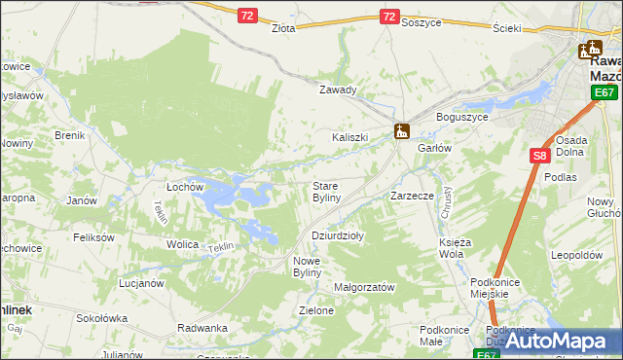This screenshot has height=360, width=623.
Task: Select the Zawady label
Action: pyautogui.click(x=339, y=90)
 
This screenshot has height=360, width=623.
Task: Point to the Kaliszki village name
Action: pyautogui.click(x=350, y=137)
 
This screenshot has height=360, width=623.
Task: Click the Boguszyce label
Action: pyautogui.click(x=461, y=117)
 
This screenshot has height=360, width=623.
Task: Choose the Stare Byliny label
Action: pyautogui.click(x=325, y=191)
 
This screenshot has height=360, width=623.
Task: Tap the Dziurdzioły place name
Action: pyautogui.click(x=338, y=235)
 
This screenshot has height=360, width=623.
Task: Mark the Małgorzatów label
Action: pyautogui.click(x=363, y=287)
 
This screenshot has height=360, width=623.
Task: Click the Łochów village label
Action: pyautogui.click(x=184, y=185)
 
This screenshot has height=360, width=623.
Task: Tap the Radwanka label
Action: pyautogui.click(x=202, y=328)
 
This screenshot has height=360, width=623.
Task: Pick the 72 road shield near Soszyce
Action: pyautogui.click(x=389, y=17)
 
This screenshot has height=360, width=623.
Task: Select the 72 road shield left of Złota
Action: pyautogui.click(x=247, y=16)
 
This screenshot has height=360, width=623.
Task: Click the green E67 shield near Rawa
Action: pyautogui.click(x=605, y=92)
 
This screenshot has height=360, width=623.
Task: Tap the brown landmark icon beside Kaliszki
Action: pyautogui.click(x=401, y=129)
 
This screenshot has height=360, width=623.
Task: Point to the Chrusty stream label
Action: pyautogui.click(x=446, y=200)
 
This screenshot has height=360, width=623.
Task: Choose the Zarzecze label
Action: pyautogui.click(x=412, y=196)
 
